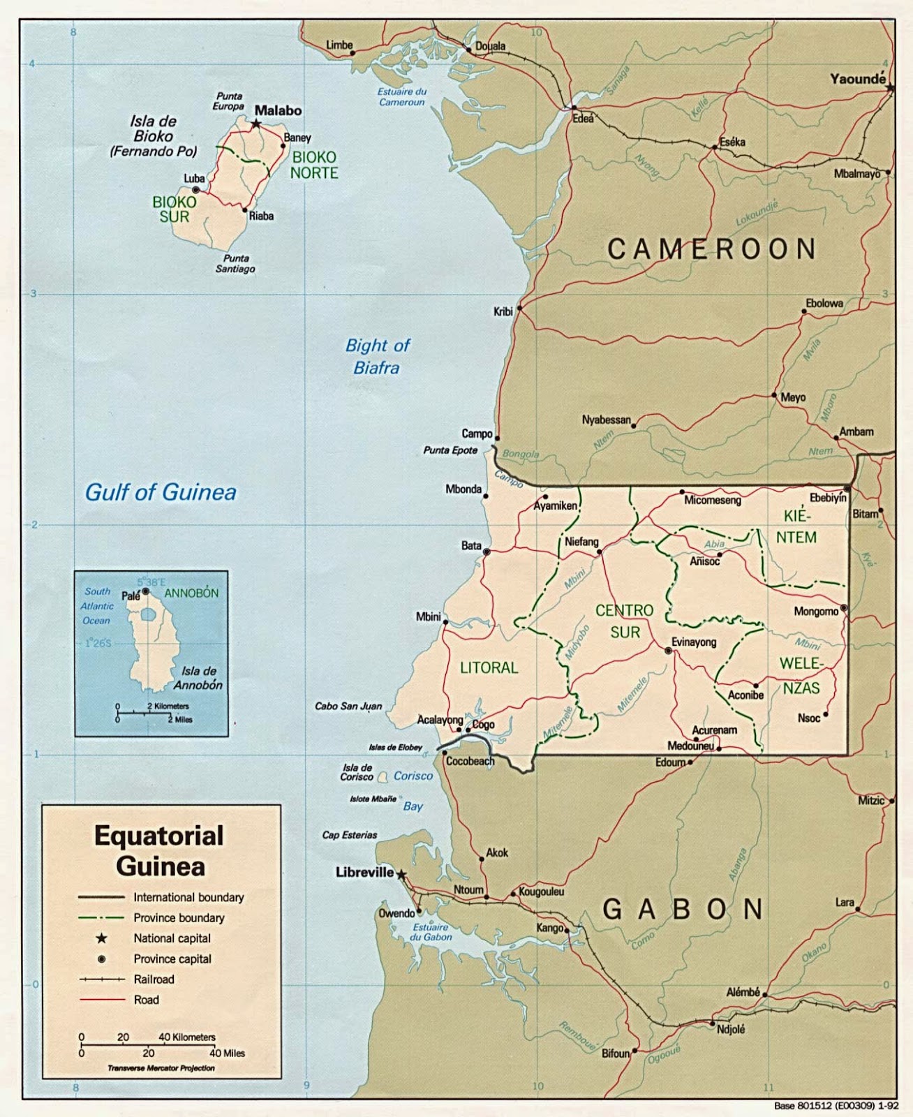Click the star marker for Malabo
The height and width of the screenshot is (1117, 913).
coord(256,124)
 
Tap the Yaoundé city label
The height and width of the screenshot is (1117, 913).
coord(857,79)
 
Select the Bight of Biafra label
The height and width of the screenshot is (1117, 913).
coord(377,356)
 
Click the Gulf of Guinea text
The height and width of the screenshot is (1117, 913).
coord(161,492)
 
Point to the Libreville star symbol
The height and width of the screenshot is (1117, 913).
coord(401,873)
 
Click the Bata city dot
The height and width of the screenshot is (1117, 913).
coord(487,552)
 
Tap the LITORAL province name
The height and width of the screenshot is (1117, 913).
coord(489,667)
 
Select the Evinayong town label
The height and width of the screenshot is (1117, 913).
coord(693,642)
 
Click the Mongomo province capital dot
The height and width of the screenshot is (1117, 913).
coord(843,609)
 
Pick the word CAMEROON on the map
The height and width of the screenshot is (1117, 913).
coord(711,249)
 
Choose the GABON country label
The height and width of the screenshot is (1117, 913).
coord(683,909)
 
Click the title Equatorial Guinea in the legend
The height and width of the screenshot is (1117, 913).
coord(160,851)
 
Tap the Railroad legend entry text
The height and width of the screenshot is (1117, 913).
coord(154,979)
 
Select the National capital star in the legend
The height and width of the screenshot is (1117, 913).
coord(101,938)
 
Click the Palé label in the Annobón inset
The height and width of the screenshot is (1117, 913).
coord(131,596)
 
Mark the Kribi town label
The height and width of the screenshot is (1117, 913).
coord(503,311)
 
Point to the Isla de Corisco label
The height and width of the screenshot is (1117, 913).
coord(357,772)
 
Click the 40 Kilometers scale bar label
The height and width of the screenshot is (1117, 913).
coord(187,1037)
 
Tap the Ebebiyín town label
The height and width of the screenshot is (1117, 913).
coord(827,498)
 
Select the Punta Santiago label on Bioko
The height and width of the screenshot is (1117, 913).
coord(235,263)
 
